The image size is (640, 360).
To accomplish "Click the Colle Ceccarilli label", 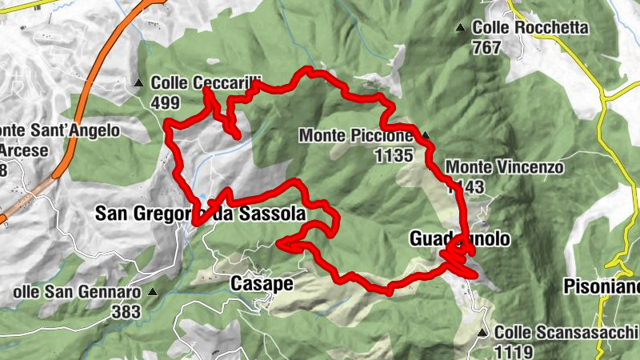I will click(196, 82).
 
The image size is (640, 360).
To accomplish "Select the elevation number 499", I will click(164, 102).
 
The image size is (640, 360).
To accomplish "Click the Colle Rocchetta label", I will click(530, 28).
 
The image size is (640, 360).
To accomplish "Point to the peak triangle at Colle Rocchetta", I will click(460, 28).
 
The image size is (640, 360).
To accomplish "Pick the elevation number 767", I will click(486, 47).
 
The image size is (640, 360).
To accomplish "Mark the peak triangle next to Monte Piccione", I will click(426, 135).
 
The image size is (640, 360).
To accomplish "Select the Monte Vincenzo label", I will click(506, 168).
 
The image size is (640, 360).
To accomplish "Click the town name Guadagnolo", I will click(459, 240).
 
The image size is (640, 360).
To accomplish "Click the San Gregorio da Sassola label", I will click(200, 214).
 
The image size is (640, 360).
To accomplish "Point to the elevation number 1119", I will click(512, 350).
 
